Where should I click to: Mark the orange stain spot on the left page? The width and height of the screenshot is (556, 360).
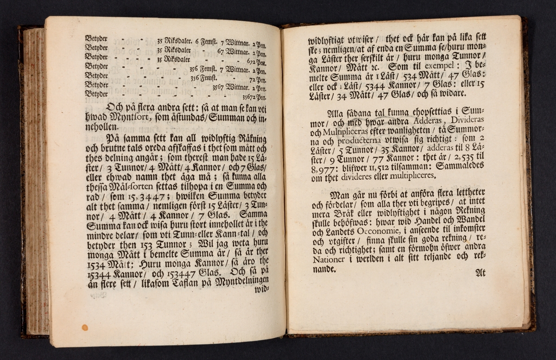85,327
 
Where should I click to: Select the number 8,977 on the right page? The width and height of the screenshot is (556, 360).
322,167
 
